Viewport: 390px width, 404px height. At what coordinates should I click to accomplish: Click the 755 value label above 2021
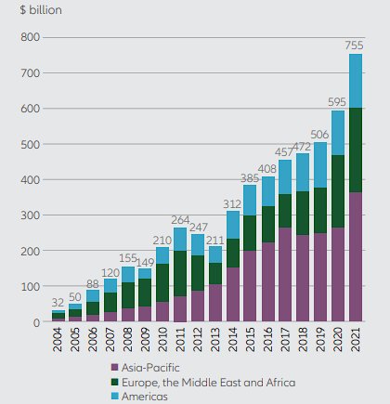[x=355, y=45]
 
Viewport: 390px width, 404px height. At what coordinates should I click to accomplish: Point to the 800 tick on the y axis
[x=32, y=37]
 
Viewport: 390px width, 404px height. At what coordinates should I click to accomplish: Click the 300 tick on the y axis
[x=32, y=215]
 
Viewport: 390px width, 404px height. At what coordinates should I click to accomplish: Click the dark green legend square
[x=115, y=382]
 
